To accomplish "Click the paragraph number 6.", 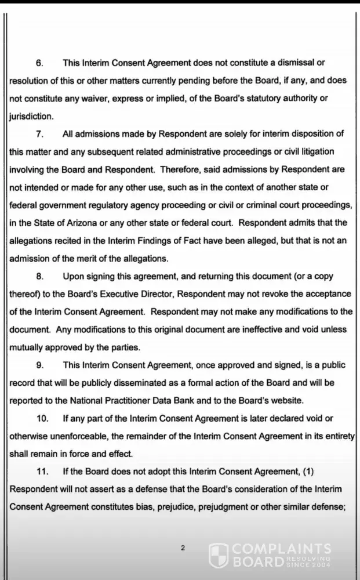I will (x=39, y=63).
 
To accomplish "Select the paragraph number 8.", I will (x=39, y=276).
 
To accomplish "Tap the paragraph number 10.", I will (x=42, y=418).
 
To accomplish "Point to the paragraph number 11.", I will (x=42, y=472).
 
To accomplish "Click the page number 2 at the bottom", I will (x=183, y=548).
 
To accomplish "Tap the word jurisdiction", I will (x=31, y=116).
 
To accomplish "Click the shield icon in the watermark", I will (x=218, y=555).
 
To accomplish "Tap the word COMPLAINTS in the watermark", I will (x=281, y=549).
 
